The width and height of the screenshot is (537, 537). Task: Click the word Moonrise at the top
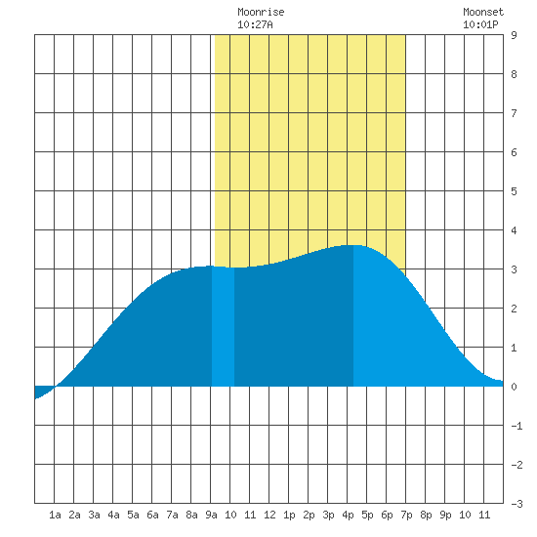click(261, 12)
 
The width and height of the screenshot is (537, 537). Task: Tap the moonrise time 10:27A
click(255, 24)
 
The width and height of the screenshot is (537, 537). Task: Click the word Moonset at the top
click(483, 12)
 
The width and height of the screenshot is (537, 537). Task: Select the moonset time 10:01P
click(480, 24)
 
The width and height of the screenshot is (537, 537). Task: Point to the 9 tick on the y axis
click(514, 35)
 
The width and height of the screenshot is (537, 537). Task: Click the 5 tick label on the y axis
click(514, 191)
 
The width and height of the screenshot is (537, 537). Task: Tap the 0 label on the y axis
click(514, 387)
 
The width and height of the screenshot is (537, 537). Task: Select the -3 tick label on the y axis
click(516, 504)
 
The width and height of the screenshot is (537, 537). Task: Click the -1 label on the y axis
click(516, 426)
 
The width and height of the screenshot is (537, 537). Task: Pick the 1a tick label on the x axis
click(55, 515)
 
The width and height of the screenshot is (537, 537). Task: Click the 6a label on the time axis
click(152, 515)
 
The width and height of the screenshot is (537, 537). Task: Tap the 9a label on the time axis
click(211, 515)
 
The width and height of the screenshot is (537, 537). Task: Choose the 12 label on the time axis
click(269, 515)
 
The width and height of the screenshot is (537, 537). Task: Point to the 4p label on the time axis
click(348, 515)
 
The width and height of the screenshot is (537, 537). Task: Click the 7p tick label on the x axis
click(406, 515)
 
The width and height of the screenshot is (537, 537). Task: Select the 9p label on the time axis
click(445, 515)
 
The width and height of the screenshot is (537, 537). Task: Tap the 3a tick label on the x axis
click(94, 515)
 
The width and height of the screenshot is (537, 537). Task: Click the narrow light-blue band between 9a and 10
click(223, 326)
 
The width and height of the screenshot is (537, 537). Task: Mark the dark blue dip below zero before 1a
click(41, 391)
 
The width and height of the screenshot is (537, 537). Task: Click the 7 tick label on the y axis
click(514, 113)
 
